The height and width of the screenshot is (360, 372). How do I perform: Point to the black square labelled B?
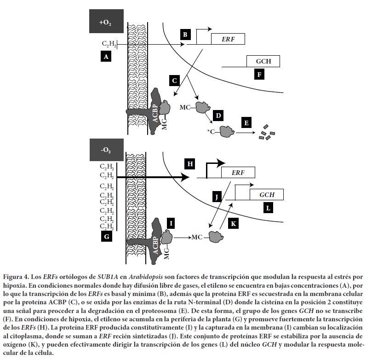pyautogui.click(x=185, y=35)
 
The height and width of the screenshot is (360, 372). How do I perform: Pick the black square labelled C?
pyautogui.click(x=174, y=81)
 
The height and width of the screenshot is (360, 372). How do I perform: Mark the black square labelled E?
pyautogui.click(x=247, y=123)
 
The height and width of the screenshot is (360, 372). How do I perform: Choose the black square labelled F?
pyautogui.click(x=260, y=74)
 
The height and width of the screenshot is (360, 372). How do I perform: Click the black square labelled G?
pyautogui.click(x=107, y=237)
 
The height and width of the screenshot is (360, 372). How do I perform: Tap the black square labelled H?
pyautogui.click(x=190, y=163)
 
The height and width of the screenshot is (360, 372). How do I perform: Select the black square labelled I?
pyautogui.click(x=171, y=224)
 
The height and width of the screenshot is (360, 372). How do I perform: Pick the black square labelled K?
pyautogui.click(x=234, y=223)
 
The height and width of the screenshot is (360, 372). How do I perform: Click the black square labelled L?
pyautogui.click(x=268, y=208)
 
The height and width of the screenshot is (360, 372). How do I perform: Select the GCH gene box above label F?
pyautogui.click(x=263, y=61)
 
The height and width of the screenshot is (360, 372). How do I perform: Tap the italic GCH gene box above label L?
pyautogui.click(x=267, y=194)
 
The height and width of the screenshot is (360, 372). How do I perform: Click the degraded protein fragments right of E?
pyautogui.click(x=267, y=132)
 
